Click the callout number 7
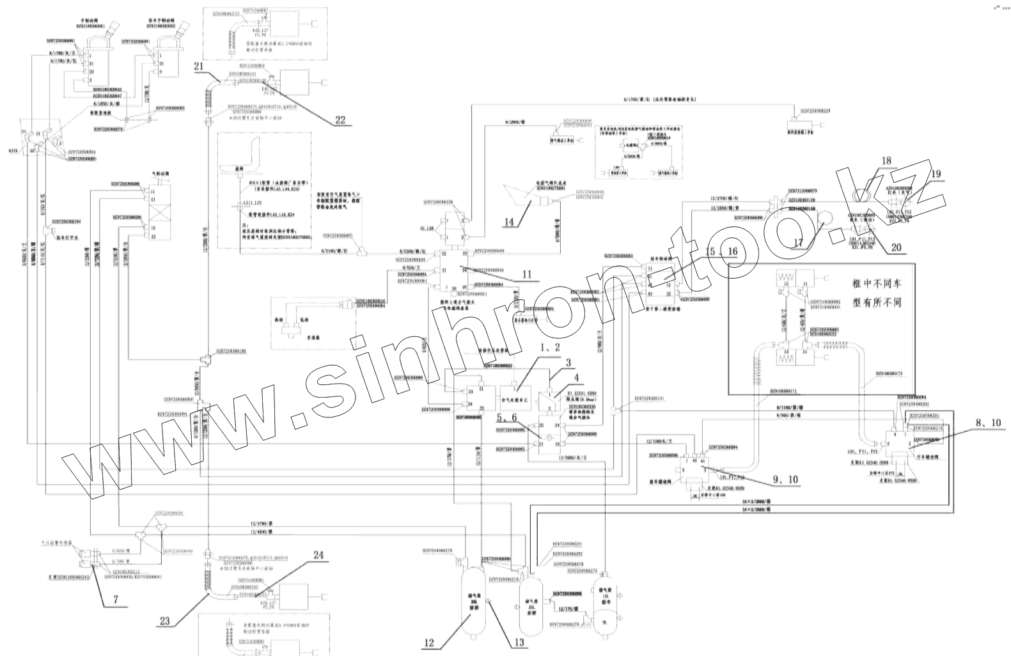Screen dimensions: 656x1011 116,599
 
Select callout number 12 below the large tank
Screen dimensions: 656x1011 430,643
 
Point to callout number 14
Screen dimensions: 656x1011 510,222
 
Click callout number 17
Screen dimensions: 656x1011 797,243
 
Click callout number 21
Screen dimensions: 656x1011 199,66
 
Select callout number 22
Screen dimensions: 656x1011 340,119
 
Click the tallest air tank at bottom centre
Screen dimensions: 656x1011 474,599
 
